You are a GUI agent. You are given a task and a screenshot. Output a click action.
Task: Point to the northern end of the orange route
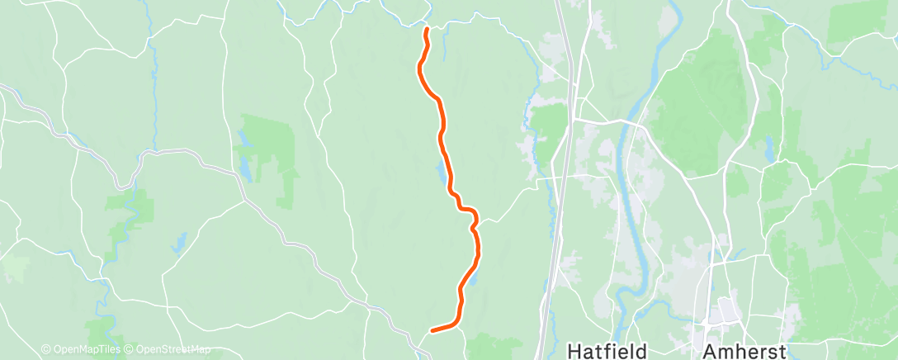click(x=426, y=30)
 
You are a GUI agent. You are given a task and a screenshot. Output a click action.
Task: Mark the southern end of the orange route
click(x=432, y=331)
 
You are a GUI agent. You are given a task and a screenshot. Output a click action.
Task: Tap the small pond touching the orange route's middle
click(x=442, y=174)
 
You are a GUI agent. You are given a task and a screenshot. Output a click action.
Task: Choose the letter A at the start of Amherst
click(x=710, y=349)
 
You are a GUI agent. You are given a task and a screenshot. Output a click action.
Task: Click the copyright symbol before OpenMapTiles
click(x=45, y=349)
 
